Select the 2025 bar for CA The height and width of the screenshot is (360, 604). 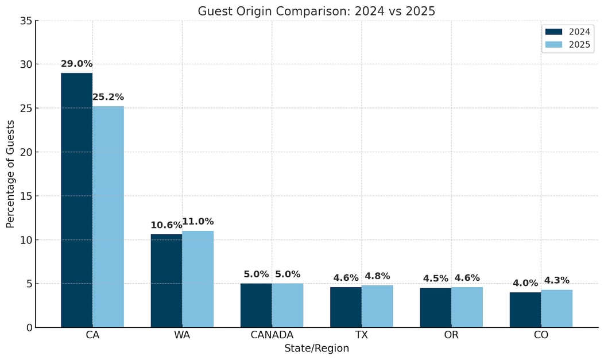[x=108, y=216]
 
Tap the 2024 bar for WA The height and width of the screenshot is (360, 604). [x=167, y=281]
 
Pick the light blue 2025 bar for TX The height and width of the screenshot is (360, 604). [x=377, y=306]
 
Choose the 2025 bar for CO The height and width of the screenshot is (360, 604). [x=556, y=308]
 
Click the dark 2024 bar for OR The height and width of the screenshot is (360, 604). [x=435, y=307]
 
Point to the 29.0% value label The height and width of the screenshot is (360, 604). [x=76, y=64]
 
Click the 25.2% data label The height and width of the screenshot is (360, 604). [x=108, y=97]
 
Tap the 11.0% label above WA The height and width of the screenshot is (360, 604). [x=198, y=222]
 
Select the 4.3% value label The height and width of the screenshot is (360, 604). [x=556, y=280]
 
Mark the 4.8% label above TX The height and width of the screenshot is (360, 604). [x=377, y=276]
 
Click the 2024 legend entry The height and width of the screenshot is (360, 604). [x=568, y=32]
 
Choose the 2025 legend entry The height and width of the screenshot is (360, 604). [x=568, y=45]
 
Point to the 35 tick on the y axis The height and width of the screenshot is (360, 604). [x=25, y=21]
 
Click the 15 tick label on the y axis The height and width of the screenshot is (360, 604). [x=25, y=196]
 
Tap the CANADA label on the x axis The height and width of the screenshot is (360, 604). [x=272, y=335]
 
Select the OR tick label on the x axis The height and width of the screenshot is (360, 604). [x=451, y=335]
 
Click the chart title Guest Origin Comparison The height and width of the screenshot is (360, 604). [x=316, y=11]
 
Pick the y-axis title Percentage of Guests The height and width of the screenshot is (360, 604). [x=11, y=173]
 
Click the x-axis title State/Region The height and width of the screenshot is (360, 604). [x=316, y=348]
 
